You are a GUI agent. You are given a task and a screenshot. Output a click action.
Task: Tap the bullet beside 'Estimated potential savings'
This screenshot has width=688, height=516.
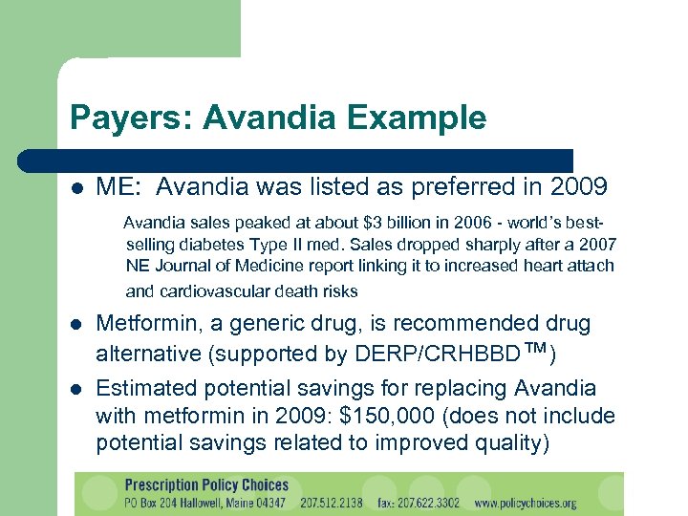point(77,389)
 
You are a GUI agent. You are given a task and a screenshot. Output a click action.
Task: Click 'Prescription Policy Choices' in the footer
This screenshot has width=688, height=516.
point(205,484)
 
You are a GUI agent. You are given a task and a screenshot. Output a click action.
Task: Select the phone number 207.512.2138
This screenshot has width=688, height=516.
point(328,502)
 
